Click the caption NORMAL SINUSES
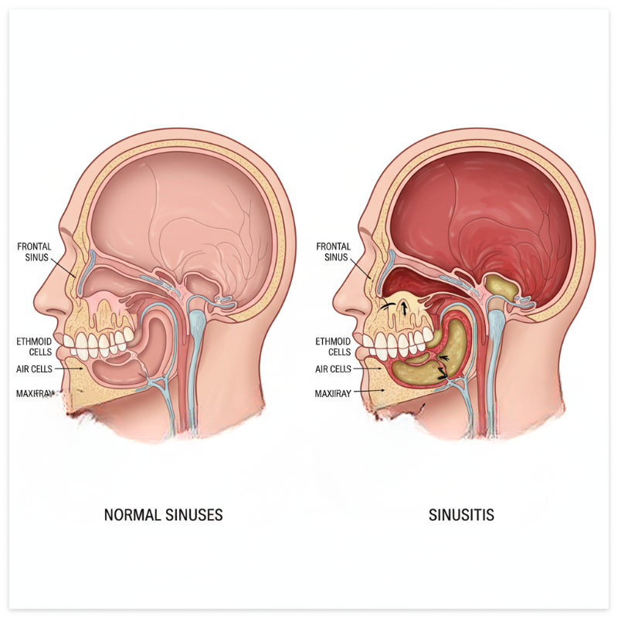(163, 514)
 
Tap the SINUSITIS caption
(461, 514)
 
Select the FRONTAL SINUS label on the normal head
(34, 252)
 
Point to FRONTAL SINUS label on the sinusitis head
(334, 252)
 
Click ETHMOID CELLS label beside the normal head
(35, 346)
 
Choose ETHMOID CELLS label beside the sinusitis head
(334, 346)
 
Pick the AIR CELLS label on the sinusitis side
(333, 369)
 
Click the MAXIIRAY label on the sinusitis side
(333, 394)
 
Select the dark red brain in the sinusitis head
(479, 209)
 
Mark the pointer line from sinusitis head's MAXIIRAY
(369, 393)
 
